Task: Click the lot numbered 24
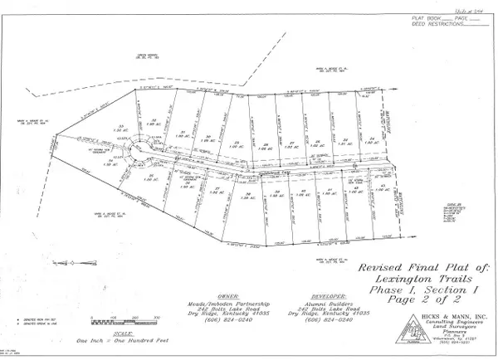coord(373,139)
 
